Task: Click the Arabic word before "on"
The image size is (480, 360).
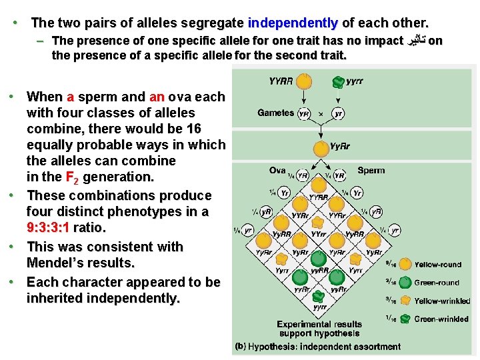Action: (x=415, y=41)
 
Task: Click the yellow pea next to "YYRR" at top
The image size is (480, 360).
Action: (x=303, y=81)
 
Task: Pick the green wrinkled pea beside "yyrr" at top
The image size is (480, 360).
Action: (x=338, y=82)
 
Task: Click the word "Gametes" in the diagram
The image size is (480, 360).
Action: (x=275, y=113)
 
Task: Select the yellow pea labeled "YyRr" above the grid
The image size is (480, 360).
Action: (x=320, y=147)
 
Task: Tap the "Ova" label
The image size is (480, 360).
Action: (x=277, y=170)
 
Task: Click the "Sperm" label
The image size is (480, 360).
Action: (x=371, y=170)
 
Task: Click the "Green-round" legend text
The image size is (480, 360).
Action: (x=437, y=283)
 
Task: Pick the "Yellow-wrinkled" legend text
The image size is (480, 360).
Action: (x=441, y=301)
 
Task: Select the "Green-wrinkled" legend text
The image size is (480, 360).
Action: (x=441, y=319)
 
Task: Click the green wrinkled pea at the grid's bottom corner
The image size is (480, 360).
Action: (x=319, y=295)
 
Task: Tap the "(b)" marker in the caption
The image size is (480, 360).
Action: (x=241, y=347)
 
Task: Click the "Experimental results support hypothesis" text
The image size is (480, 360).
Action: (x=319, y=329)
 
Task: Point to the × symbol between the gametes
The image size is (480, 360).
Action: (x=321, y=113)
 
